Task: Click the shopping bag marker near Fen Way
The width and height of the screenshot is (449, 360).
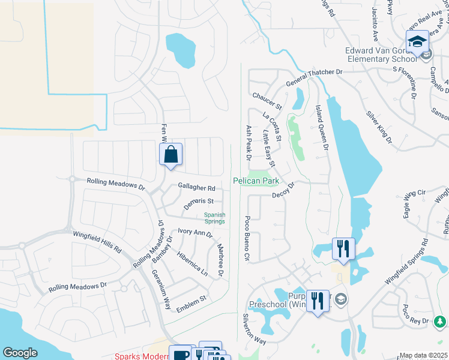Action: click(x=171, y=155)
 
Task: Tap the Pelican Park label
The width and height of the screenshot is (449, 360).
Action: click(x=256, y=181)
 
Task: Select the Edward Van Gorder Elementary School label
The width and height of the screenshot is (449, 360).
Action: click(x=381, y=55)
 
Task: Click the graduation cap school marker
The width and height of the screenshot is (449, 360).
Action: click(x=417, y=42)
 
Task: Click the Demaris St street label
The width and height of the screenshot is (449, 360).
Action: click(x=199, y=203)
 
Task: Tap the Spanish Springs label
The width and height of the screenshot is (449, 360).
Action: click(x=214, y=218)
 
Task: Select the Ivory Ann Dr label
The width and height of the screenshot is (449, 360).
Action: click(x=196, y=233)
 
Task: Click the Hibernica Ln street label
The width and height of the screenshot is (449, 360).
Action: click(x=192, y=263)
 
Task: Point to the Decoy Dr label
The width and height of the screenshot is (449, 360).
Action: click(x=283, y=191)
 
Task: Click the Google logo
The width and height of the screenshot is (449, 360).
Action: click(x=20, y=352)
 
